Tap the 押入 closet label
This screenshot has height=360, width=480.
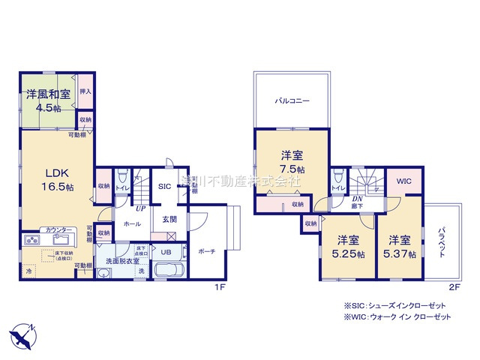click(85, 91)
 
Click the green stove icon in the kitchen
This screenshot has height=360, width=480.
click(34, 241)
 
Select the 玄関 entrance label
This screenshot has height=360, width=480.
click(169, 218)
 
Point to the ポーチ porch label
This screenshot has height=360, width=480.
click(208, 253)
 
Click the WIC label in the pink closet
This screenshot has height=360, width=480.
click(404, 180)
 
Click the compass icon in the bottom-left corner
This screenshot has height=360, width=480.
click(22, 335)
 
